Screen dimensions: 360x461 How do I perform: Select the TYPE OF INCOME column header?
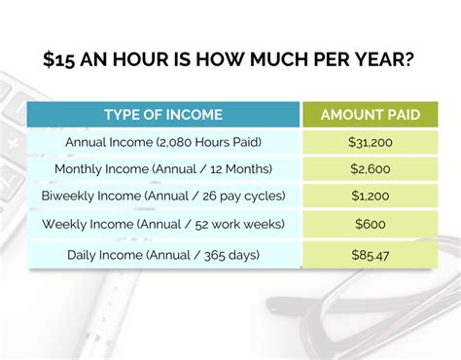coord(162,115)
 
